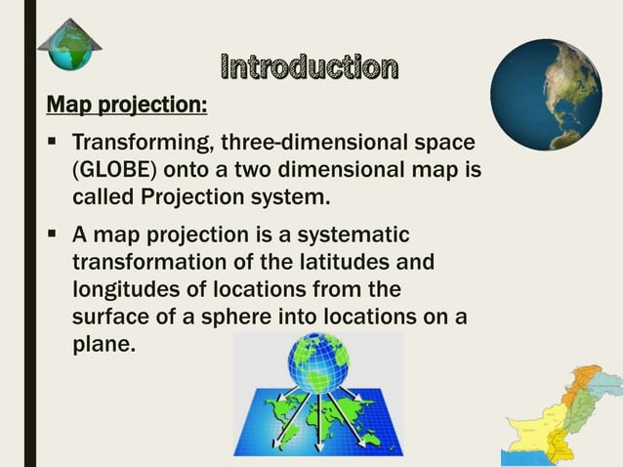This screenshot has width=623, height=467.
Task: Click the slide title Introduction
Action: tap(310, 67)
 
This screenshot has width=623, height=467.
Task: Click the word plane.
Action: tap(101, 344)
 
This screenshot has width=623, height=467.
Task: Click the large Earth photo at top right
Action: tap(546, 95)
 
